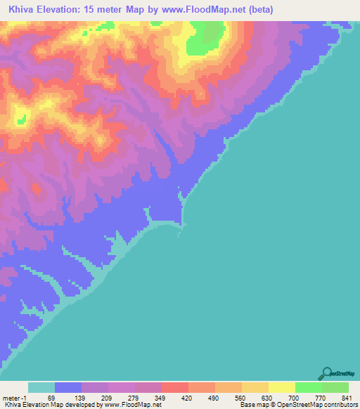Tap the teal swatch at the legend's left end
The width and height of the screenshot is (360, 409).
[x=41, y=388]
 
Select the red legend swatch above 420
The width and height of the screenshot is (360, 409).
[x=174, y=388]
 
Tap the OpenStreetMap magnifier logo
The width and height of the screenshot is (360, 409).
[x=326, y=373]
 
